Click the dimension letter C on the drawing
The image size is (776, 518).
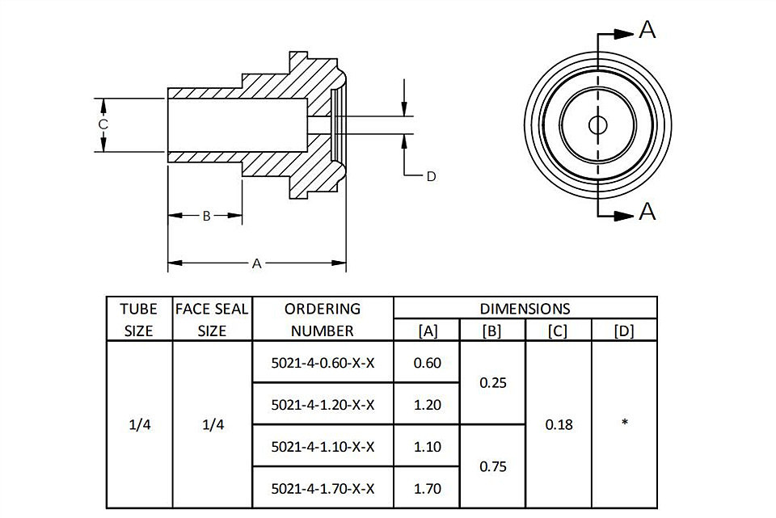pos(103,124)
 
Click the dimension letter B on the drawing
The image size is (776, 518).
pos(207,216)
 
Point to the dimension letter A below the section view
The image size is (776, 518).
pos(256,263)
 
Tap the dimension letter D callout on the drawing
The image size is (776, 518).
pos(431,177)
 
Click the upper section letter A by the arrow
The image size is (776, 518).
pos(647,30)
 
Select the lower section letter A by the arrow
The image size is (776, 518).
pos(647,211)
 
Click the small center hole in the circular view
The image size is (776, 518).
pos(598,125)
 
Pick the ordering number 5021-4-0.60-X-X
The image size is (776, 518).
pos(323,363)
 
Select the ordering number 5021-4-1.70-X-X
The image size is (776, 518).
pos(323,489)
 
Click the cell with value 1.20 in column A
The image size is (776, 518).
pos(427,405)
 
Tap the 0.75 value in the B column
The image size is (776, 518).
pos(493,467)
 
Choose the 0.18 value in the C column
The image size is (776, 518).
pos(559,425)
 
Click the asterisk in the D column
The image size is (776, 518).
pos(625,422)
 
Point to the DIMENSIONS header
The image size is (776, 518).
pos(525,310)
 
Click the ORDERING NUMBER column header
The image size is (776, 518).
pos(323,319)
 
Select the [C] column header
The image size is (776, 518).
pos(558,331)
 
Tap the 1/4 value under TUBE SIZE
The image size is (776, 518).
pos(140,425)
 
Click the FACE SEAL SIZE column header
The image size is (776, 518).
pos(212,319)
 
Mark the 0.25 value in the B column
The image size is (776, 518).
pos(493,383)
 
